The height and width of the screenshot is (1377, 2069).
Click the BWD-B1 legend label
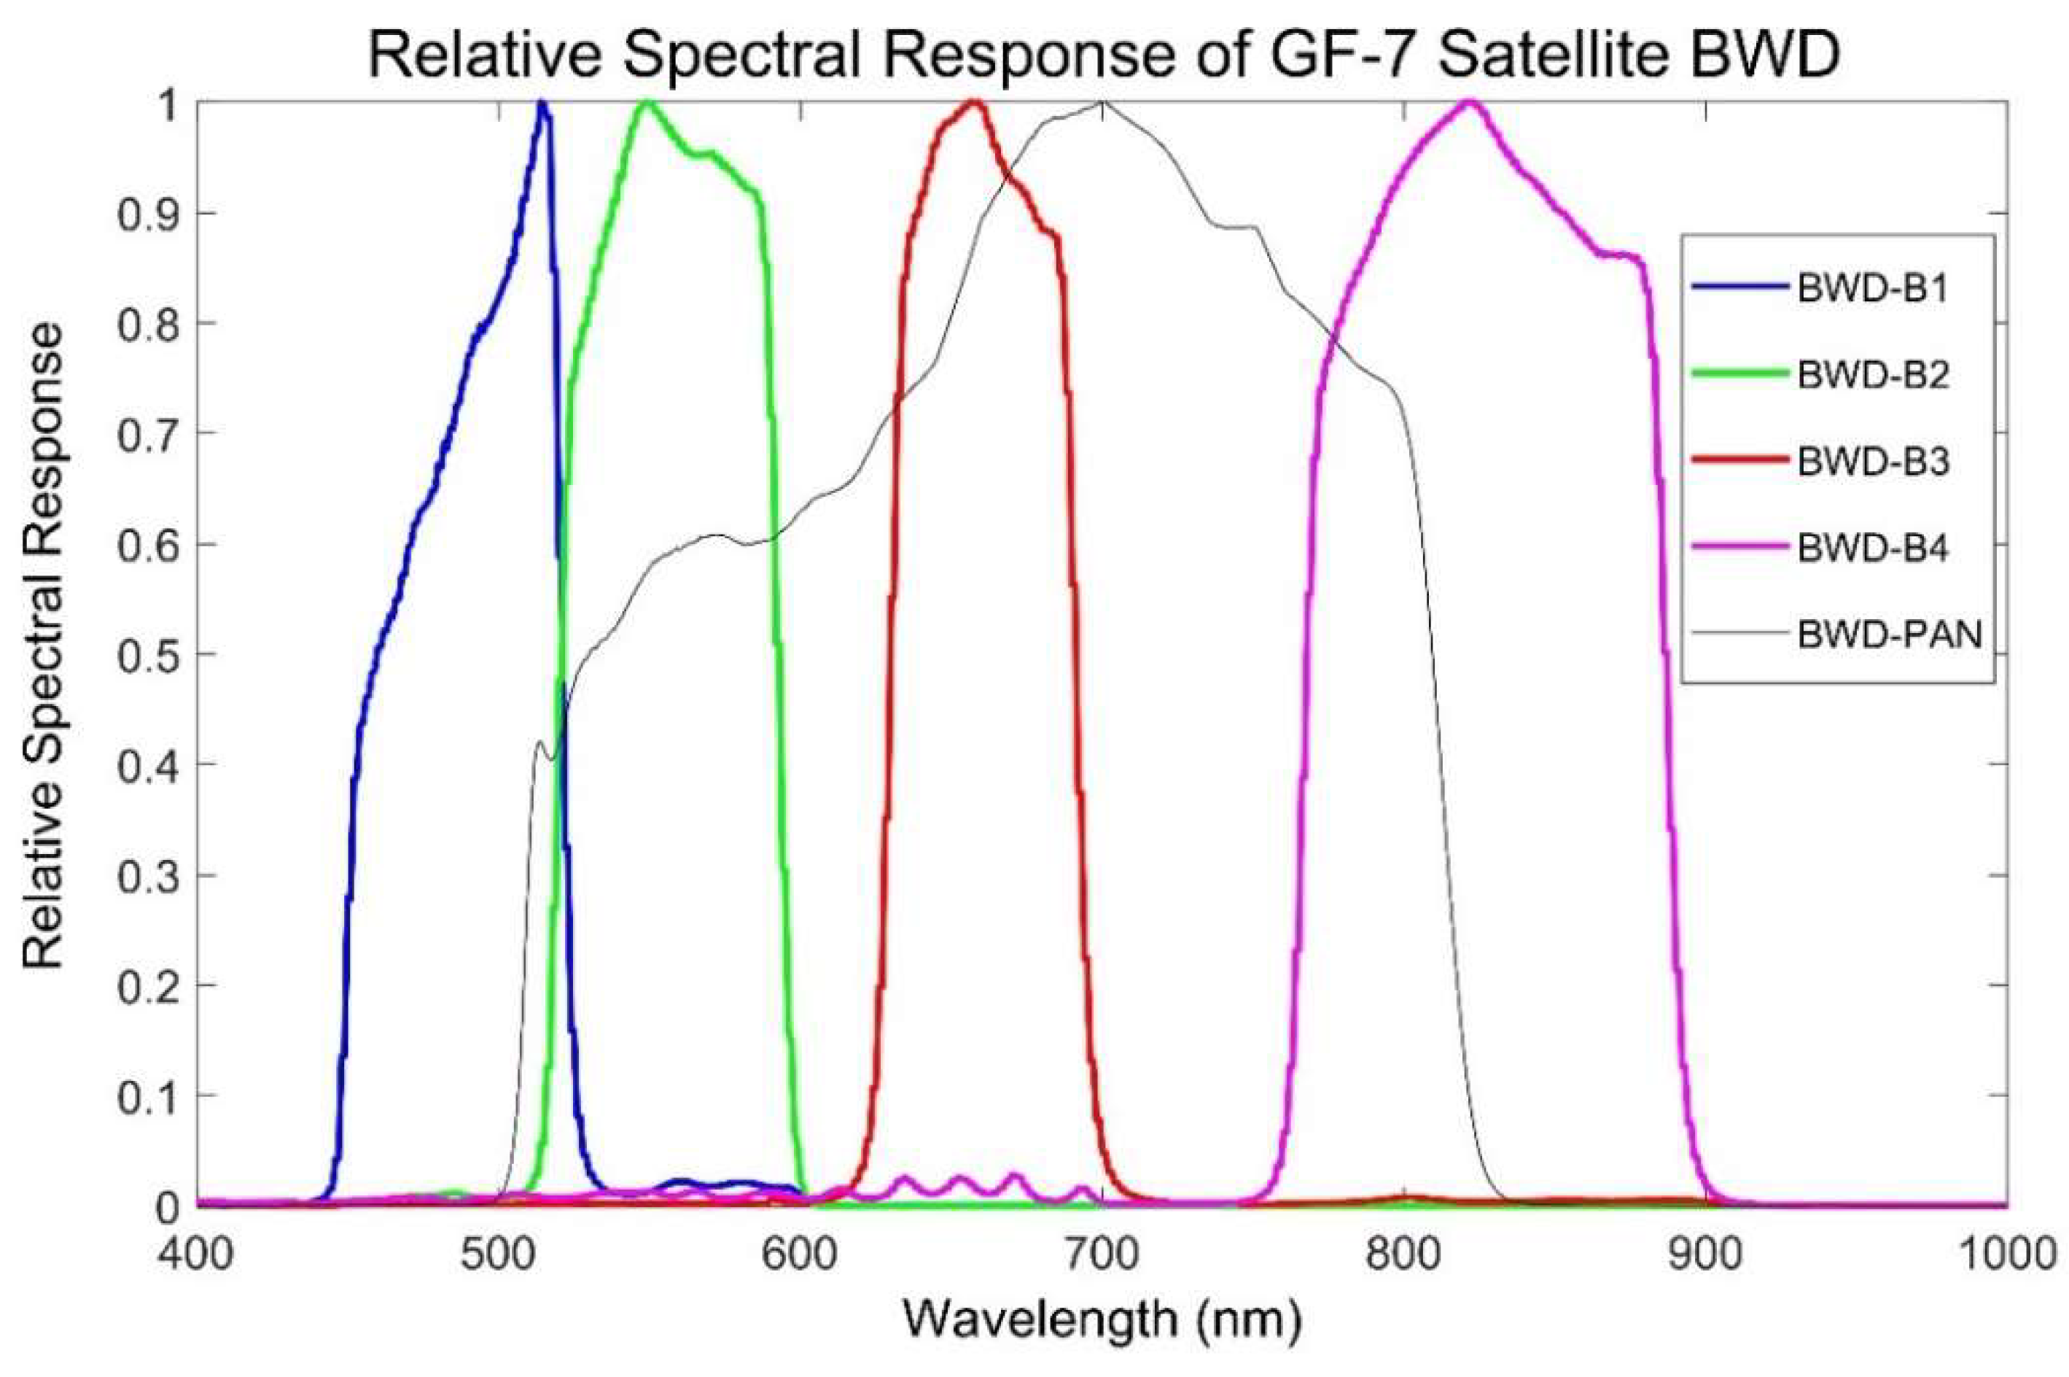1871,288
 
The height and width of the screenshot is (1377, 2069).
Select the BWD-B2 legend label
1872,374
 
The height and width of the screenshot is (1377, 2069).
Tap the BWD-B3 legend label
1872,461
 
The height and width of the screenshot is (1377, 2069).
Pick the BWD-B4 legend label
1872,548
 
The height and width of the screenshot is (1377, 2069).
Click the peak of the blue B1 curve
542,104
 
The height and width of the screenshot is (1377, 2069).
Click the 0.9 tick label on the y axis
146,214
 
